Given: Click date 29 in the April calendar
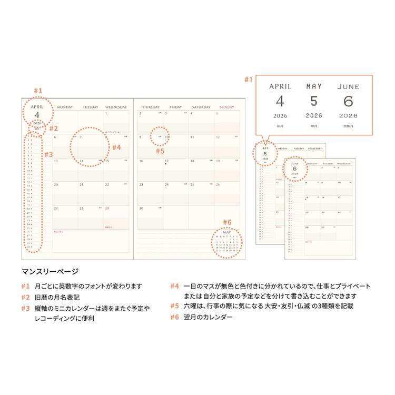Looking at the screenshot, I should pyautogui.click(x=107, y=209).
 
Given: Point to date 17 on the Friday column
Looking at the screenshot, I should pyautogui.click(x=166, y=161).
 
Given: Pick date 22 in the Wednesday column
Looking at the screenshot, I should pyautogui.click(x=107, y=185).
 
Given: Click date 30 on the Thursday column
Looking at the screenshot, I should pyautogui.click(x=141, y=209).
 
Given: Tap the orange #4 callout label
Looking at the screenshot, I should pyautogui.click(x=117, y=147).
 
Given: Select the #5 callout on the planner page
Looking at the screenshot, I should pyautogui.click(x=160, y=151).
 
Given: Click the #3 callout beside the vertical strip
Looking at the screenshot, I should pyautogui.click(x=48, y=155).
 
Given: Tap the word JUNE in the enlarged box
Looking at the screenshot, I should pyautogui.click(x=348, y=86).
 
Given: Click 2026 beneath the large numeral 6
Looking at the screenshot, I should pyautogui.click(x=348, y=115).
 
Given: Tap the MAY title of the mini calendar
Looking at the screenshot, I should pyautogui.click(x=227, y=232).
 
